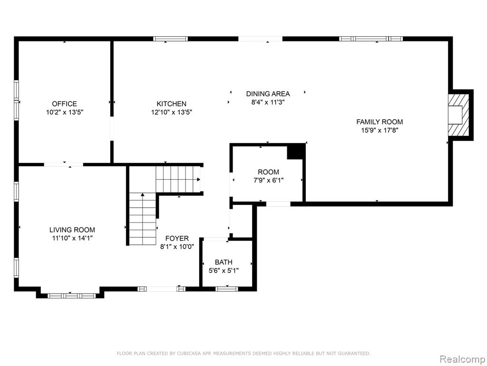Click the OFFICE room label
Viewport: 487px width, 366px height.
click(64, 103)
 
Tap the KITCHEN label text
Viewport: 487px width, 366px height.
click(171, 103)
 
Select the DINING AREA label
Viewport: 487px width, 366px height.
click(268, 94)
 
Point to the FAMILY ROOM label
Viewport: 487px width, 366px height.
click(380, 122)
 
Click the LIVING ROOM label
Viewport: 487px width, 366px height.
click(72, 230)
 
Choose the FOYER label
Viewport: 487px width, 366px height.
click(177, 238)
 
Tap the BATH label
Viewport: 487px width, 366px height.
click(224, 262)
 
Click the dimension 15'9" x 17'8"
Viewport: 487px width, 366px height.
click(380, 130)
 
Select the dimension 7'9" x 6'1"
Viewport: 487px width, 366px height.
click(268, 180)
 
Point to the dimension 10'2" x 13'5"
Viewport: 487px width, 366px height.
click(65, 112)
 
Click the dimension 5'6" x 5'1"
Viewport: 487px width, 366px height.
click(224, 271)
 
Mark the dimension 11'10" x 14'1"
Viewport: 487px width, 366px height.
click(72, 238)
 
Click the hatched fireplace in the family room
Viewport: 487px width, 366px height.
click(458, 115)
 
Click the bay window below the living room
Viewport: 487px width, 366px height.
click(71, 295)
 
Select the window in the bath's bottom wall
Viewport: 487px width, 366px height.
click(227, 289)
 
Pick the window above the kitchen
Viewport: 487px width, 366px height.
click(171, 39)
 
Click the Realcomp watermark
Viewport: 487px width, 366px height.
click(462, 359)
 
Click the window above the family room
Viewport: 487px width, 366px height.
click(371, 39)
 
